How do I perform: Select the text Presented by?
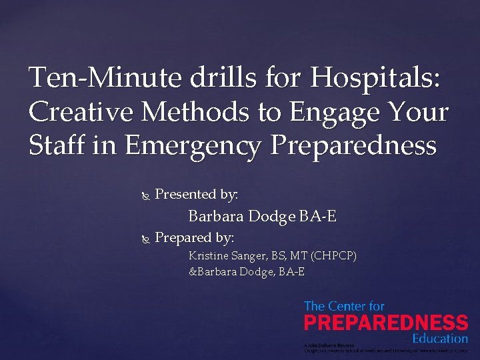[197, 195]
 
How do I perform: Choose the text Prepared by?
[194, 238]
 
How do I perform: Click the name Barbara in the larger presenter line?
[217, 217]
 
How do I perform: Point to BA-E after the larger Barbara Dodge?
[318, 217]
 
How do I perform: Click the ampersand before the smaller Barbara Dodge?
[193, 272]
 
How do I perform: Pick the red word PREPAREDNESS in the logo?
[386, 323]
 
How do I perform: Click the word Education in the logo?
[439, 339]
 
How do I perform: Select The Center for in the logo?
[344, 307]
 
